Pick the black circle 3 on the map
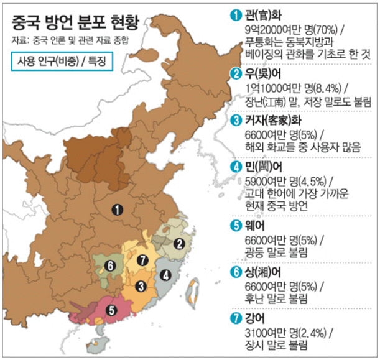[x=141, y=285]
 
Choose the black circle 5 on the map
[x=111, y=307]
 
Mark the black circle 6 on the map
[x=110, y=265]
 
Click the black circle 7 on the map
[x=143, y=259]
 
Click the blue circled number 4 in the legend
[x=235, y=167]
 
